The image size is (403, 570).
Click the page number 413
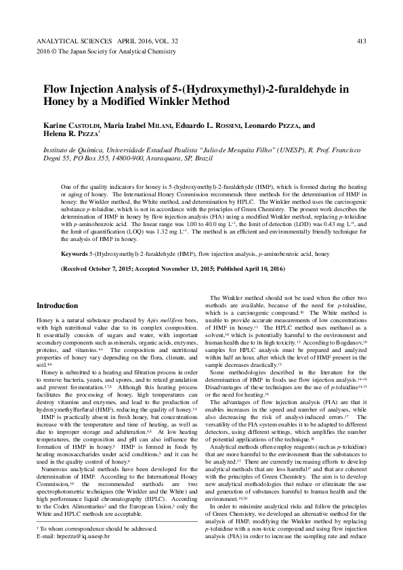click(360, 41)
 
